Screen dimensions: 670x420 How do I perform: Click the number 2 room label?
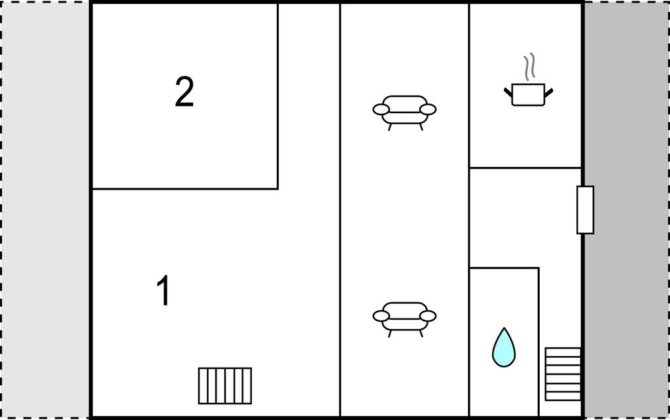(185, 92)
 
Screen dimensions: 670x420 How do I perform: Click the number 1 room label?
(163, 290)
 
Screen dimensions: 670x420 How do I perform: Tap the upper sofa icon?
(404, 113)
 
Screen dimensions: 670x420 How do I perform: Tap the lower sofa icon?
(404, 319)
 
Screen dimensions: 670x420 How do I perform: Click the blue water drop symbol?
(504, 347)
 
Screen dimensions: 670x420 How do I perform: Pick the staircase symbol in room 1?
(225, 386)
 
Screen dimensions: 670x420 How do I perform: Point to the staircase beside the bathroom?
(563, 374)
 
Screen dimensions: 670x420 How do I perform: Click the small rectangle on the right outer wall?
(585, 210)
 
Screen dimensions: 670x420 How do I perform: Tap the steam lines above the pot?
(529, 67)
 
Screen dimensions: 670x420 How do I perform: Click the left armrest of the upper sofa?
(381, 109)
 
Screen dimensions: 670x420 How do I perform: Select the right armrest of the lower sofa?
(428, 316)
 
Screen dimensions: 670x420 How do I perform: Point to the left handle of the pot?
(508, 92)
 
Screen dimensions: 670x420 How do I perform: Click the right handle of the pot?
(549, 92)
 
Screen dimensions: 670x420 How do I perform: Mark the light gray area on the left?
(45, 210)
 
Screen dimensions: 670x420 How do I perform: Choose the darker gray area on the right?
(626, 210)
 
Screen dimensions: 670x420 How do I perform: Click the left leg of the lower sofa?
(390, 333)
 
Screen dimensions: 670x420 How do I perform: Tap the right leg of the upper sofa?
(421, 126)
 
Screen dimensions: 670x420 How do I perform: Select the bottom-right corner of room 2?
(277, 188)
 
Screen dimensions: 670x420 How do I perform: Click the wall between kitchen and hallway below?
(525, 167)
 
